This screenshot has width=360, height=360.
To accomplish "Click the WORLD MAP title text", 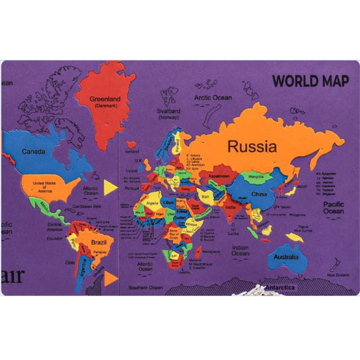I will pos(310,80).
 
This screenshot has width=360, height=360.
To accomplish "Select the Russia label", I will pos(252,146).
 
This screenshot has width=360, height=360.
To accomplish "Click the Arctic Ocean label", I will pos(213,97).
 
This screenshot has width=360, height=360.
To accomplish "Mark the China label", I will pos(259,195).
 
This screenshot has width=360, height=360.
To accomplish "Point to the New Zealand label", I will pos(338,275).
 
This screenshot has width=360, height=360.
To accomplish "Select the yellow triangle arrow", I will pos(110,185).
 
